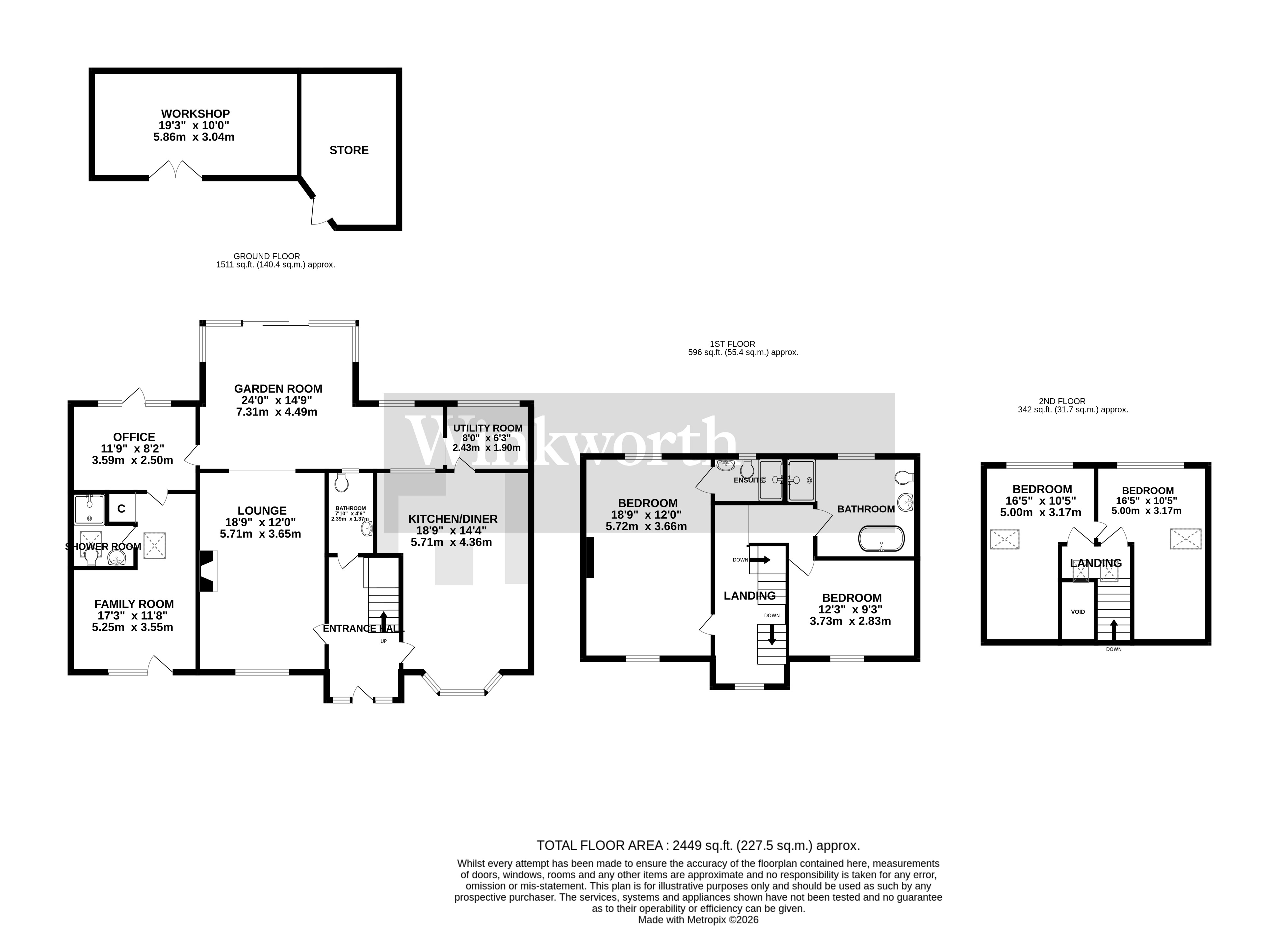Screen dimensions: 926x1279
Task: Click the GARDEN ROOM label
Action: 278,389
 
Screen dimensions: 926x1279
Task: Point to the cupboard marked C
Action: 121,509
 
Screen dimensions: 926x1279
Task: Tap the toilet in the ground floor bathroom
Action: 341,483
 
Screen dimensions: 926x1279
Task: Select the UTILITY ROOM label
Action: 488,428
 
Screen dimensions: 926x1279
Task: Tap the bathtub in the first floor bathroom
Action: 881,539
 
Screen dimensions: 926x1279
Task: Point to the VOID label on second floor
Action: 1078,612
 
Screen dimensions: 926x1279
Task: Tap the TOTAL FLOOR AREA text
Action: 697,861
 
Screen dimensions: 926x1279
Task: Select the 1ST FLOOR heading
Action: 732,344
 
